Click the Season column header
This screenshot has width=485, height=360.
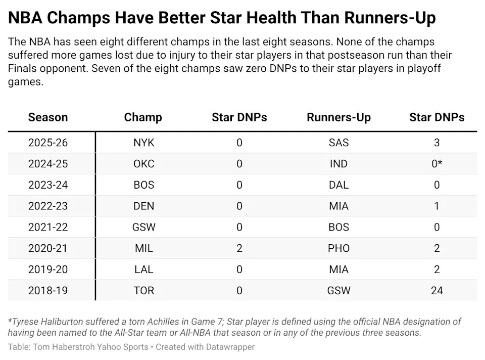pyautogui.click(x=48, y=117)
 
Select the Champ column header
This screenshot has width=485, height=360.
pyautogui.click(x=143, y=118)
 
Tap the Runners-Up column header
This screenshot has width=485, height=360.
pyautogui.click(x=338, y=118)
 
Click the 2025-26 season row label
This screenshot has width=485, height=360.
pyautogui.click(x=48, y=143)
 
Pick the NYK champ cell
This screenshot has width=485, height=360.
pyautogui.click(x=144, y=143)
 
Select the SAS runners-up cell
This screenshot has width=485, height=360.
pyautogui.click(x=338, y=143)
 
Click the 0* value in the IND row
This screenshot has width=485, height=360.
pyautogui.click(x=437, y=163)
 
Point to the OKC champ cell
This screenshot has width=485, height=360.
pyautogui.click(x=144, y=163)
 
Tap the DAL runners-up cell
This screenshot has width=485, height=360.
pyautogui.click(x=338, y=185)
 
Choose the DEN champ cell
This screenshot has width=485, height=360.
pyautogui.click(x=144, y=206)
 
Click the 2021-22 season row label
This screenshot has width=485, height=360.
pyautogui.click(x=48, y=227)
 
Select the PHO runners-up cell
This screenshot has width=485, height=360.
pyautogui.click(x=338, y=248)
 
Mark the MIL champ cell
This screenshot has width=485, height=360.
pyautogui.click(x=144, y=248)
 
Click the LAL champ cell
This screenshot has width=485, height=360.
pyautogui.click(x=144, y=269)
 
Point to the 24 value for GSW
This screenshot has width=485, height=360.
pyautogui.click(x=437, y=290)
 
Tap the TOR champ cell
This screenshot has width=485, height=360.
pyautogui.click(x=144, y=290)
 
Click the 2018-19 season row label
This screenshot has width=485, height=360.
pyautogui.click(x=48, y=290)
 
